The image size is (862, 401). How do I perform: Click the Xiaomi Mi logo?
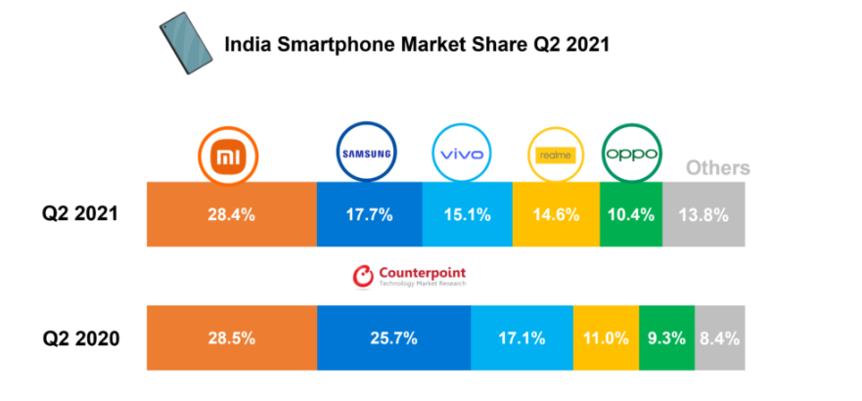coord(231,155)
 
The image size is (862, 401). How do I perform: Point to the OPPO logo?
coord(631,155)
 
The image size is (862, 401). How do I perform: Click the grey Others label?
coord(717,168)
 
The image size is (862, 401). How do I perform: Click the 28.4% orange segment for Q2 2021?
coord(232,214)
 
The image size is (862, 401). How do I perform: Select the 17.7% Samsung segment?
coord(369,214)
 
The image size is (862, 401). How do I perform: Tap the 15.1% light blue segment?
coord(467,214)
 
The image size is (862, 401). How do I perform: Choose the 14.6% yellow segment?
coord(556,214)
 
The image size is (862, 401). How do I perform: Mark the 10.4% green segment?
coord(631,214)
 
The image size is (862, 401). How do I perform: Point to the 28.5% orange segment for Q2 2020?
coord(232,338)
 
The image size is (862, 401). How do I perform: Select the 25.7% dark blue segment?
coord(393,338)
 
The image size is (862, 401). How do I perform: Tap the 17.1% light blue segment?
coord(522,338)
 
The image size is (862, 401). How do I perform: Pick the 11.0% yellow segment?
coord(606,338)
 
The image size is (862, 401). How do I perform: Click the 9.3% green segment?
coord(666,338)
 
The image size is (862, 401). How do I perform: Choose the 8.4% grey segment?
coord(719,338)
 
